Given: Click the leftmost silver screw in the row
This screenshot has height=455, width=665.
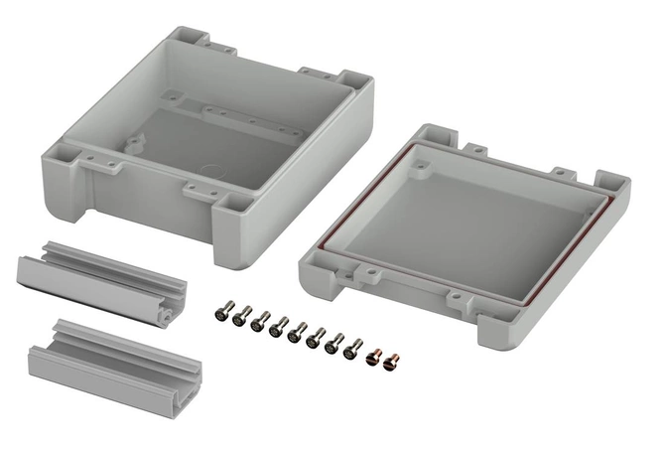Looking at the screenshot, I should coord(220,313).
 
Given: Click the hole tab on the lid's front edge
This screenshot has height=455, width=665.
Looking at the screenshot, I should coord(452,295).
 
